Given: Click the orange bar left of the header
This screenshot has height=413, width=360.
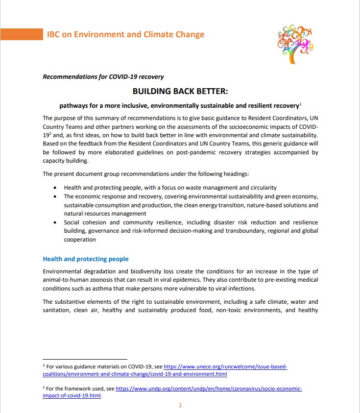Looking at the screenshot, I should coord(21,34).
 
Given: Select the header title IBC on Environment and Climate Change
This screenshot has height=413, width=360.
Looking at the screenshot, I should coord(125,34).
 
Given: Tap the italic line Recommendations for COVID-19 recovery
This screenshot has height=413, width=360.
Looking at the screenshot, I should coord(103,77).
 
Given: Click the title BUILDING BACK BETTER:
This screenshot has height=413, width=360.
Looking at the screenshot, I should coord(180,91).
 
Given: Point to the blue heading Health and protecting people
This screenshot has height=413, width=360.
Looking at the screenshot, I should coord(86,259).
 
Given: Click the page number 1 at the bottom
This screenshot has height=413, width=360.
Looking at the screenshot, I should coord(180,405).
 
